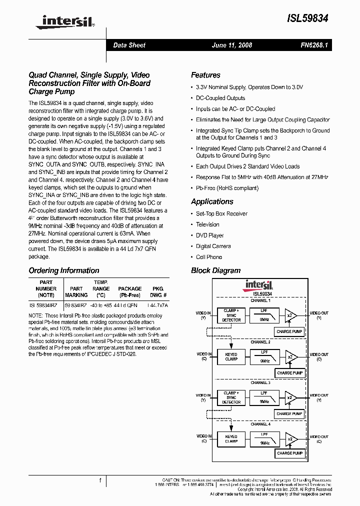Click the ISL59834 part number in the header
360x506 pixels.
coord(307,18)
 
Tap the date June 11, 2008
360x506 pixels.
coord(232,45)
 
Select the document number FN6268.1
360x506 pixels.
coord(313,45)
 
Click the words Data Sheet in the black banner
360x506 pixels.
coord(129,45)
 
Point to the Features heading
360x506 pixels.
coord(205,75)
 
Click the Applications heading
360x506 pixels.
coord(212,201)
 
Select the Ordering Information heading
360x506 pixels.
coord(64,270)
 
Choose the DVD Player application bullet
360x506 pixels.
coord(209,235)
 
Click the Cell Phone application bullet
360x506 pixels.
coord(208,257)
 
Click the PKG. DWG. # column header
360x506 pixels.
coord(157,292)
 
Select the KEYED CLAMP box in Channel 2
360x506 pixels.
coord(231,356)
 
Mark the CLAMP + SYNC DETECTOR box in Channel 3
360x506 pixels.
coord(231,398)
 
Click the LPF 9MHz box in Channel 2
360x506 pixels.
coord(264,356)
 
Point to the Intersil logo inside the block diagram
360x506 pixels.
coord(258,285)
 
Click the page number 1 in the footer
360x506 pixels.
coord(100,480)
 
